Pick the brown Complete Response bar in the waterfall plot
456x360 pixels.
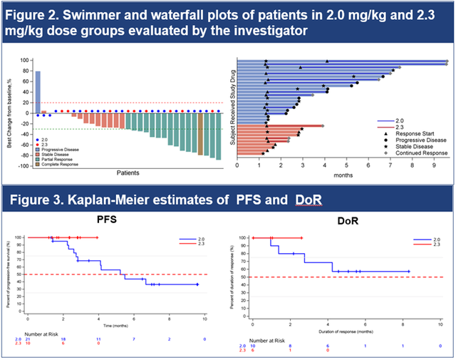pos(201,135)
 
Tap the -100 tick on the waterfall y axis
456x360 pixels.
pos(24,166)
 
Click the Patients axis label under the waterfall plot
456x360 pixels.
pos(128,173)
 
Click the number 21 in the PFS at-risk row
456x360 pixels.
pos(28,339)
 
